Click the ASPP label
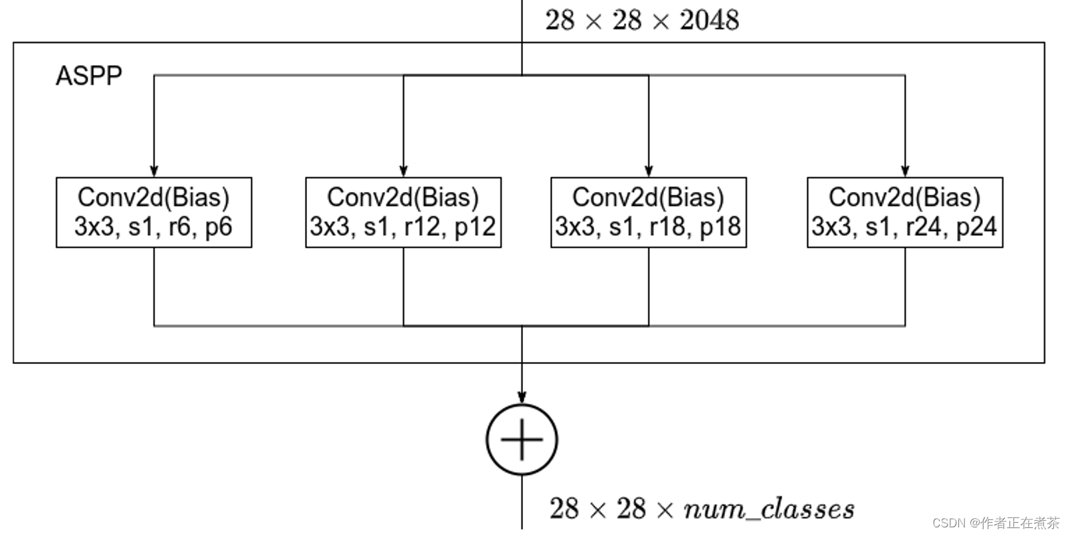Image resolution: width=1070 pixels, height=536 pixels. click(x=88, y=76)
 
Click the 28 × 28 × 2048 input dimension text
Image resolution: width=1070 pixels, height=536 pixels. click(x=641, y=20)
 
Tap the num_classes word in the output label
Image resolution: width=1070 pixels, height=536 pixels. click(x=768, y=509)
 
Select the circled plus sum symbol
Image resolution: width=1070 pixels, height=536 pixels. click(x=522, y=440)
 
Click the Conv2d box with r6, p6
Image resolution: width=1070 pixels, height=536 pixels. click(x=154, y=213)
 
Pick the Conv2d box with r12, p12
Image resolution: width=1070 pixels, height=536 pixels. click(x=403, y=213)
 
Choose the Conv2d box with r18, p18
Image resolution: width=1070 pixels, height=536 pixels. click(x=648, y=213)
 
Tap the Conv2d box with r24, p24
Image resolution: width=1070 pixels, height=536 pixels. click(x=905, y=213)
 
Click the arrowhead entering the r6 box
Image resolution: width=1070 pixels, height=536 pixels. click(x=154, y=171)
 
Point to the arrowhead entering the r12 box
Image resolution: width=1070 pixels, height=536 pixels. click(x=403, y=171)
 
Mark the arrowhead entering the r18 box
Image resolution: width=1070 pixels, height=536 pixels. click(x=649, y=171)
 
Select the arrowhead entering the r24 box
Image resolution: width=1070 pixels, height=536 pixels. click(x=905, y=171)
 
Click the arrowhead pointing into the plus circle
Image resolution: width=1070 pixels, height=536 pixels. click(x=522, y=398)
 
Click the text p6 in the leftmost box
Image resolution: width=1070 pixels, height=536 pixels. click(x=218, y=227)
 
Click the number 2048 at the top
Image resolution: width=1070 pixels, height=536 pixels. click(x=709, y=20)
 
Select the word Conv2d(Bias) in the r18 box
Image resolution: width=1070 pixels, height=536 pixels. click(x=648, y=198)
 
